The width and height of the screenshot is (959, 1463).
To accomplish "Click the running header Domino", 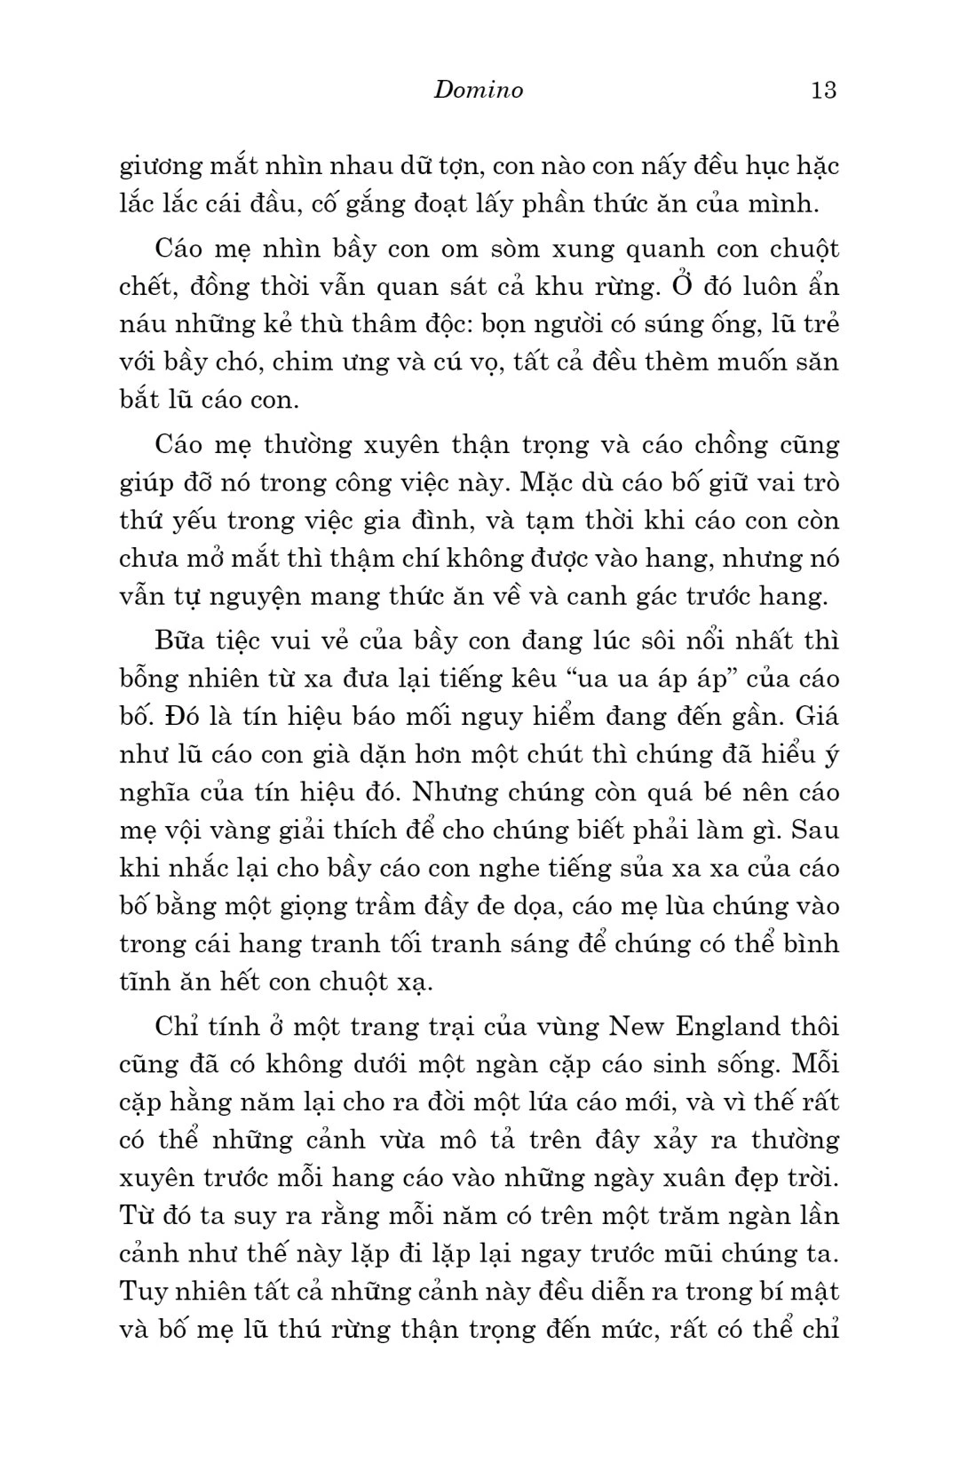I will [479, 90].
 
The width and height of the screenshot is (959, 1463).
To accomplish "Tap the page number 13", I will [823, 90].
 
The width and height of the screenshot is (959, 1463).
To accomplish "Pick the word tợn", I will [458, 167].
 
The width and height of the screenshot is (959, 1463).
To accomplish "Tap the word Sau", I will [814, 830].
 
